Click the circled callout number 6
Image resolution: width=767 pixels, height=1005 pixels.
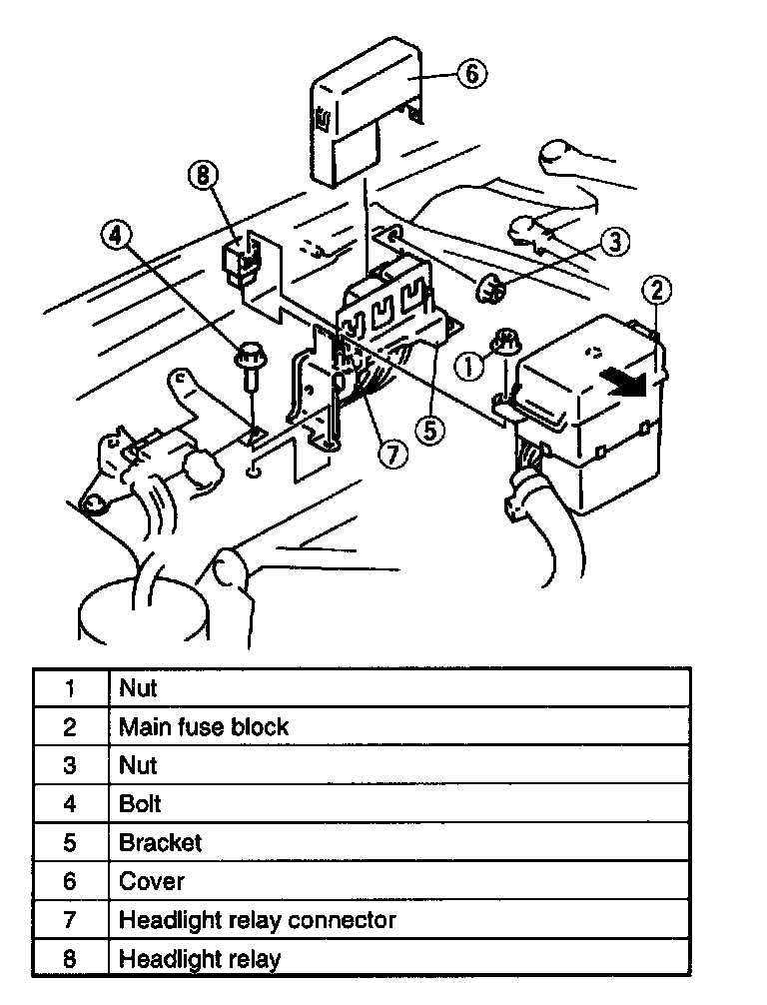(x=472, y=74)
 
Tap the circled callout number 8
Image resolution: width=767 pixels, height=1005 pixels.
(x=203, y=177)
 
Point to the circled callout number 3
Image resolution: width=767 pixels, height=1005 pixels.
(x=615, y=240)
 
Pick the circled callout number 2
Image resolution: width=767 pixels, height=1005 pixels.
(x=656, y=291)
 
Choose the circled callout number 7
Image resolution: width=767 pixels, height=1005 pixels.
(x=393, y=454)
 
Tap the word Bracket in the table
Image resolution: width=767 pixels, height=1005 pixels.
(x=161, y=842)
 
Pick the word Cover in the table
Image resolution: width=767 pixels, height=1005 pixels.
(x=152, y=881)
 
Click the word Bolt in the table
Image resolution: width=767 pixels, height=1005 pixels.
(x=140, y=804)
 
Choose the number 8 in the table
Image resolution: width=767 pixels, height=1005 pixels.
(x=69, y=959)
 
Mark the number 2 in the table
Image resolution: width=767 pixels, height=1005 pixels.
(x=69, y=726)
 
